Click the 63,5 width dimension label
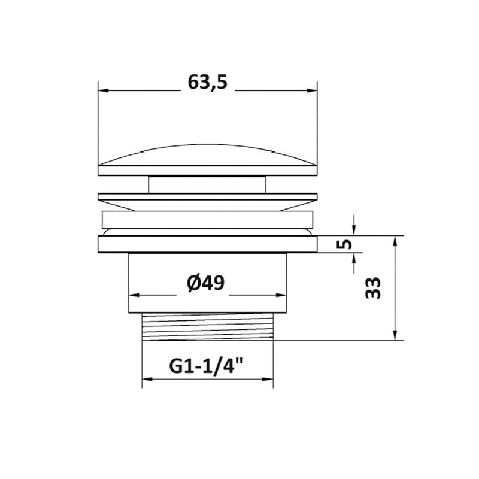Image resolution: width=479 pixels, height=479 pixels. tap(207, 83)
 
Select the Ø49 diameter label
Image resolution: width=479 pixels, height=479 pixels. tap(205, 283)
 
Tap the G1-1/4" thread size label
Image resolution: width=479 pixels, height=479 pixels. tap(206, 366)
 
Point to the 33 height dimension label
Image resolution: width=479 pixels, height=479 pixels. tap(373, 288)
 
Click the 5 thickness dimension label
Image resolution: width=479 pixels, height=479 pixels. tap(344, 244)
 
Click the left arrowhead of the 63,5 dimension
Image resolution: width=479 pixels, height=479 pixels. tap(104, 90)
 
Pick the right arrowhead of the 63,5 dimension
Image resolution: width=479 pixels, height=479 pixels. tap(312, 90)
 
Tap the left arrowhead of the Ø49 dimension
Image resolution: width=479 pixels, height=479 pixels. tap(134, 295)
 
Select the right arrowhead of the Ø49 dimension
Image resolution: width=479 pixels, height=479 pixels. tap(281, 295)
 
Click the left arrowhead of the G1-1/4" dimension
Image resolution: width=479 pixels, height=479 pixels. tap(147, 379)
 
